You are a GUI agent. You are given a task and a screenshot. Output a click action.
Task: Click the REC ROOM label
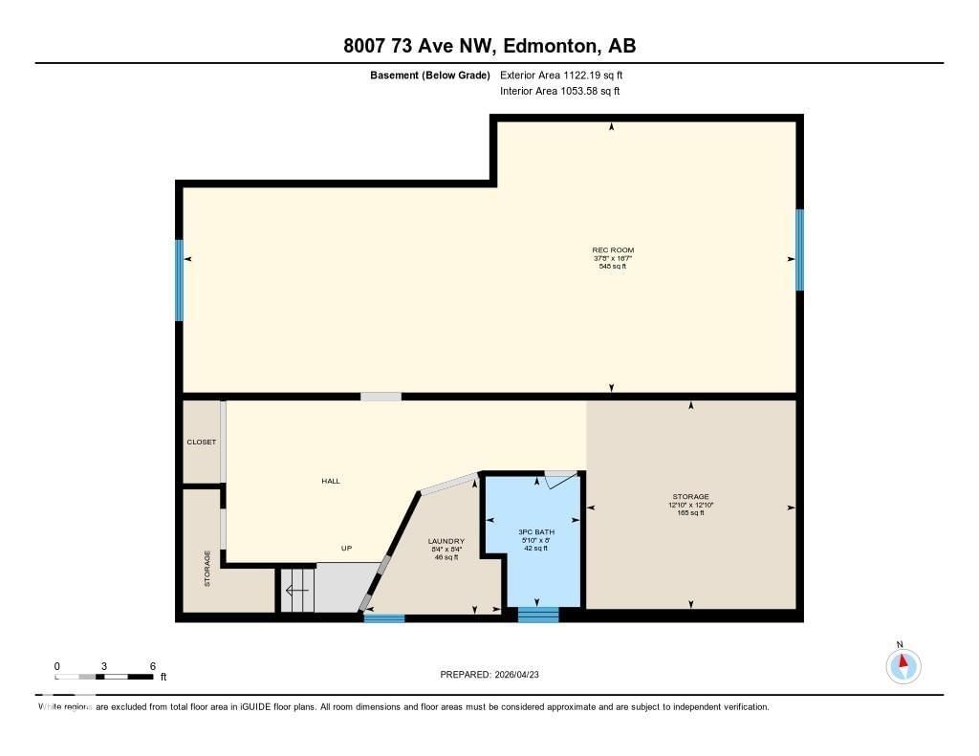click(x=613, y=250)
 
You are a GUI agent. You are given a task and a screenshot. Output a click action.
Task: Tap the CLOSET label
click(x=201, y=443)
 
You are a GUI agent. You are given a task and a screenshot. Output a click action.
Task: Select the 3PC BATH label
click(x=536, y=531)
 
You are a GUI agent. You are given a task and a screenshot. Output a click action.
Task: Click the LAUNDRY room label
click(x=446, y=541)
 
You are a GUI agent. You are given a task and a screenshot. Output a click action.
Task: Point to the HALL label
click(x=331, y=481)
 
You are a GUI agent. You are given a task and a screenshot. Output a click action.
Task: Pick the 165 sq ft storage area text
click(x=690, y=513)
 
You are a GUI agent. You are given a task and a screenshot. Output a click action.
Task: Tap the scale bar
click(x=104, y=677)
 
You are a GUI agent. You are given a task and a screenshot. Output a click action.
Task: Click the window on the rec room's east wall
click(x=799, y=248)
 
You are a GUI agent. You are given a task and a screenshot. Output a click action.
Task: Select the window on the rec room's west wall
click(x=179, y=280)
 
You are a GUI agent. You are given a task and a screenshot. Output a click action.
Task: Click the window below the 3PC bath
click(x=537, y=615)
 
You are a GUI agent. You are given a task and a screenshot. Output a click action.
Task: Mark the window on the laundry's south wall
click(x=384, y=617)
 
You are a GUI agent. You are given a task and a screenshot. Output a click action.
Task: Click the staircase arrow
click(x=297, y=591)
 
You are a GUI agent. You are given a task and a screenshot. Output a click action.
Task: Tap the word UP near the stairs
click(x=347, y=549)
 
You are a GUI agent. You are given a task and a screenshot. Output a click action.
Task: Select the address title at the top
click(x=489, y=45)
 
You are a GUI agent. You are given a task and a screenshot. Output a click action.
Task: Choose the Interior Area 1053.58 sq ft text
click(x=560, y=91)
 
